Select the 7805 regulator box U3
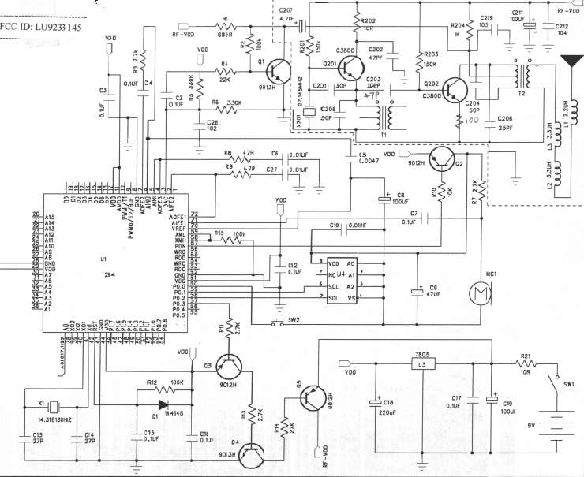coord(423,363)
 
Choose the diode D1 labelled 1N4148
coord(164,404)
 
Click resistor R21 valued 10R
coord(525,364)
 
